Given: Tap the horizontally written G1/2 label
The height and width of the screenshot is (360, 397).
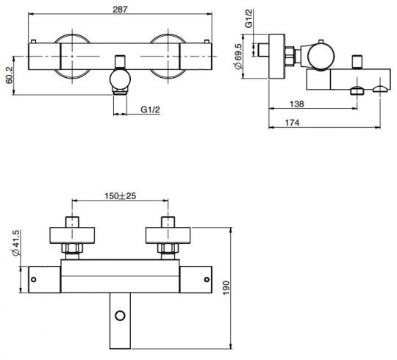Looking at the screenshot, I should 151,109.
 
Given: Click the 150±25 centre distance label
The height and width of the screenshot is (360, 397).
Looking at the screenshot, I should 120,196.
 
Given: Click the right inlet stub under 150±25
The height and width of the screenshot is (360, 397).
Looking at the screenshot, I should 169,221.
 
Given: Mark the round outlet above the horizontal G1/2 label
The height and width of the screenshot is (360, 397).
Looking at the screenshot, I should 119,79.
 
